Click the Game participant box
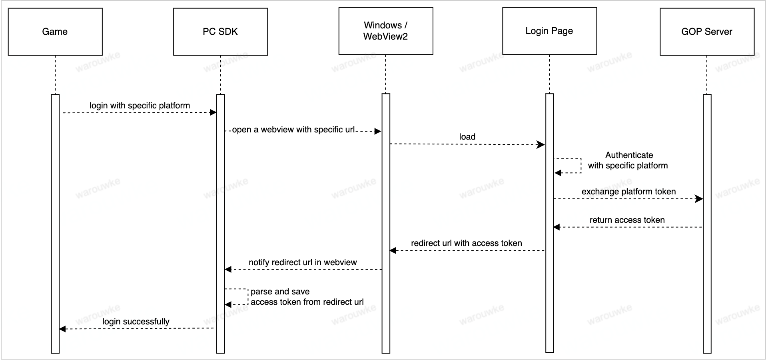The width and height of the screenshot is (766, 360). coord(55,32)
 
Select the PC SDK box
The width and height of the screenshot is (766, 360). coord(220,32)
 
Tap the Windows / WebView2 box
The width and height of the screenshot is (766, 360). coord(385,31)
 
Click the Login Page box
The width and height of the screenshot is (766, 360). coord(549,31)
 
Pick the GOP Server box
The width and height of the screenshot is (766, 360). coord(706,32)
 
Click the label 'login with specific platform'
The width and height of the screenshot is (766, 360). coord(140,106)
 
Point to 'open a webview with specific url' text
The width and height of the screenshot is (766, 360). coord(293,130)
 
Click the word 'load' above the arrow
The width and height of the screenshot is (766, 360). coord(467,137)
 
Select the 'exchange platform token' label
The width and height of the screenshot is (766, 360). coord(628,192)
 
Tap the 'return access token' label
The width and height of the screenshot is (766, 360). coord(627,220)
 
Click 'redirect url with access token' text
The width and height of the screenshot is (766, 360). coord(466,243)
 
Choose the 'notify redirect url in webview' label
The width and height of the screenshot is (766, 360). coord(303,262)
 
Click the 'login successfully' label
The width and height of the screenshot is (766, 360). coord(136,322)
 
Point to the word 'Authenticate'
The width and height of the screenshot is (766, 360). coord(629,155)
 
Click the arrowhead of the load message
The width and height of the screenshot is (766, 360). coord(541,144)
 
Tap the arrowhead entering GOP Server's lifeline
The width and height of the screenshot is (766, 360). coord(699,199)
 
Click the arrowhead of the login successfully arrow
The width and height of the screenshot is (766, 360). coord(62,329)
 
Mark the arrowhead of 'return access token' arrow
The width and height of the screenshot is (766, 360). coord(557,227)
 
